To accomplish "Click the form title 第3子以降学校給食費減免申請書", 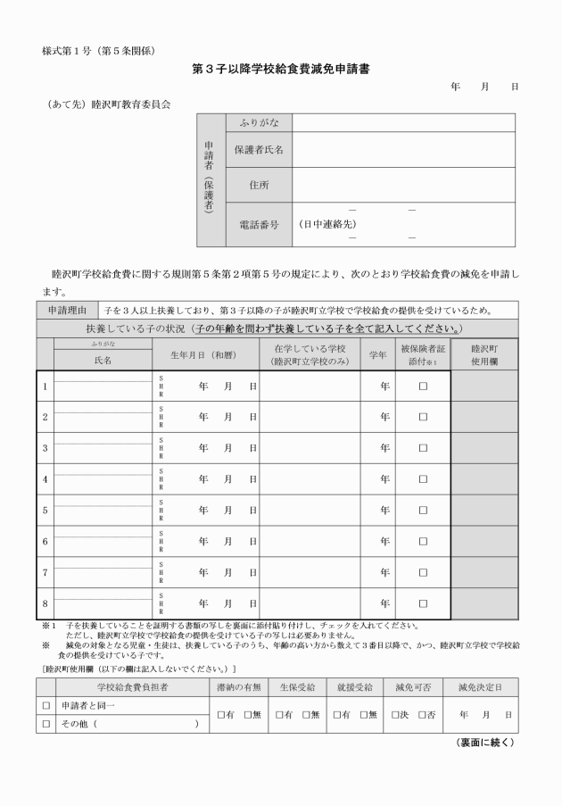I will click(281, 68).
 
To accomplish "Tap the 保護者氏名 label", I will click(258, 150).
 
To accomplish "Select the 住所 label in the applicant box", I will click(258, 185).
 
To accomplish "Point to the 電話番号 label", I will click(258, 225).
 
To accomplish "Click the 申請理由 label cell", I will click(66, 311).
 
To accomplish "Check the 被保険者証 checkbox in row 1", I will click(424, 386).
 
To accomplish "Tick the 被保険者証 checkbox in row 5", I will click(424, 510).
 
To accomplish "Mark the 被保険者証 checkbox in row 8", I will click(424, 603).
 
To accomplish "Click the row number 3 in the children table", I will click(45, 448).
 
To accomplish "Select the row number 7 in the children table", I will click(45, 572).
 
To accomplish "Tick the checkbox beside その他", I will click(45, 724).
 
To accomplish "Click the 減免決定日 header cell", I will click(484, 688).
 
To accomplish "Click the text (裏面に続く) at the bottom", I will click(485, 743).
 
